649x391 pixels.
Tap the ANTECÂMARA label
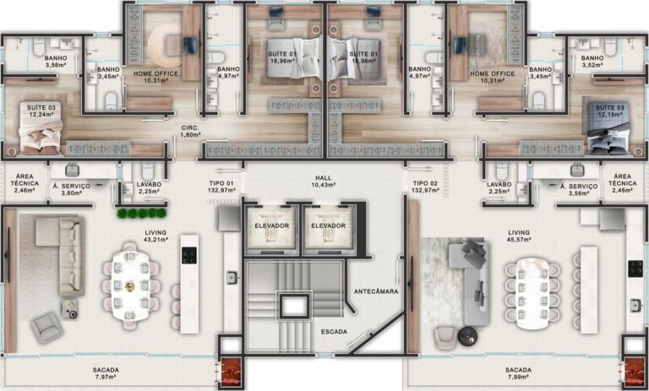[x=376, y=291]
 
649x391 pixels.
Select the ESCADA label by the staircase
[x=334, y=332]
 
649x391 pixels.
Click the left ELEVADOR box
[x=272, y=226]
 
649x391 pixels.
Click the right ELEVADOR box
[x=328, y=226]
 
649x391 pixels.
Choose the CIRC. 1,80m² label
[x=189, y=132]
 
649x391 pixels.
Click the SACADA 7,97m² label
[x=106, y=374]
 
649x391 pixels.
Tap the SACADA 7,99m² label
[x=518, y=374]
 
